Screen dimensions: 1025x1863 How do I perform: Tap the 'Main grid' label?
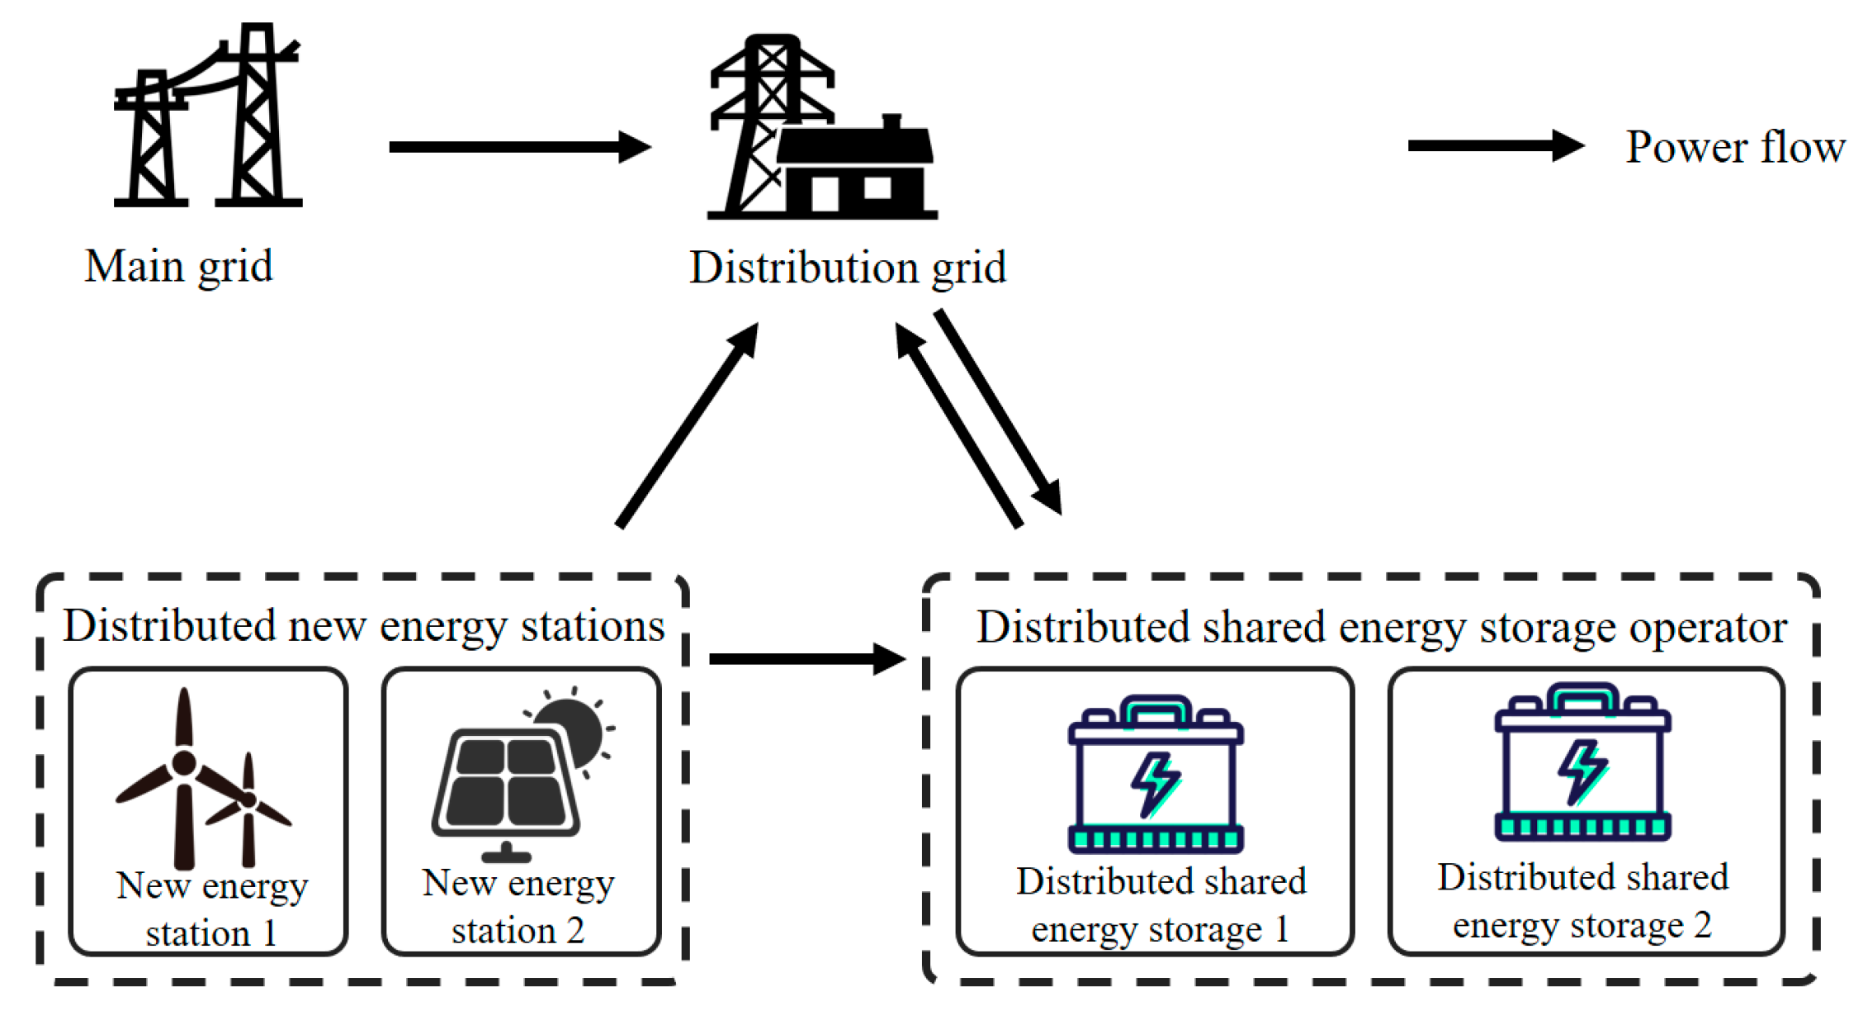[179, 267]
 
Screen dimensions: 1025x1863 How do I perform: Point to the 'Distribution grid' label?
[848, 268]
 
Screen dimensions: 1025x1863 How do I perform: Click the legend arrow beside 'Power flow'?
[1494, 146]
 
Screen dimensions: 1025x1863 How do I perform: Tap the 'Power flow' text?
[1734, 148]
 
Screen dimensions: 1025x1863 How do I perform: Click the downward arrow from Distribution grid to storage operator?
[998, 411]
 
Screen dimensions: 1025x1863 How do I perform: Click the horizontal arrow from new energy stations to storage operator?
[806, 658]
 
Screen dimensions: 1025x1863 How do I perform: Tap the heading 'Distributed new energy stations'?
[364, 626]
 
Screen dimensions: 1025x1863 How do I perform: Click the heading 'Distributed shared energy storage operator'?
[1381, 628]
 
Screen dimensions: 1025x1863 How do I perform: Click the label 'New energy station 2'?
[518, 906]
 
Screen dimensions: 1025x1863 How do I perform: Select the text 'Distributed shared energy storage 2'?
[1582, 900]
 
